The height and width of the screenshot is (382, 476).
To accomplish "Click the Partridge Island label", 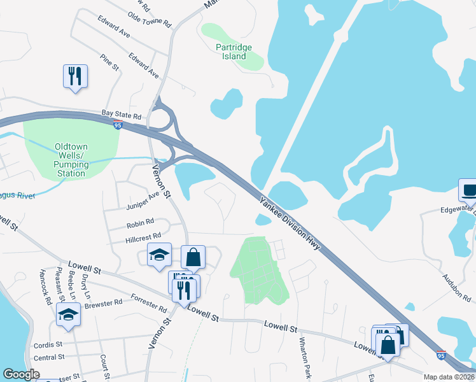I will [x=234, y=52].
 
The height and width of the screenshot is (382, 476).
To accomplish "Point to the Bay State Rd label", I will [x=121, y=115].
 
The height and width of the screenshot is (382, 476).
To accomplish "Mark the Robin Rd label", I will [x=141, y=223].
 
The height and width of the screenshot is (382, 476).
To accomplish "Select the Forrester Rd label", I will [x=148, y=301].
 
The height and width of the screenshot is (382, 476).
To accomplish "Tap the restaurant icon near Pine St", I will [x=75, y=76].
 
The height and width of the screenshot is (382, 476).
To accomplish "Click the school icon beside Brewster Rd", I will [x=69, y=314].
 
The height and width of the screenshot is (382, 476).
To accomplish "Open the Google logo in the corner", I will [x=21, y=374].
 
